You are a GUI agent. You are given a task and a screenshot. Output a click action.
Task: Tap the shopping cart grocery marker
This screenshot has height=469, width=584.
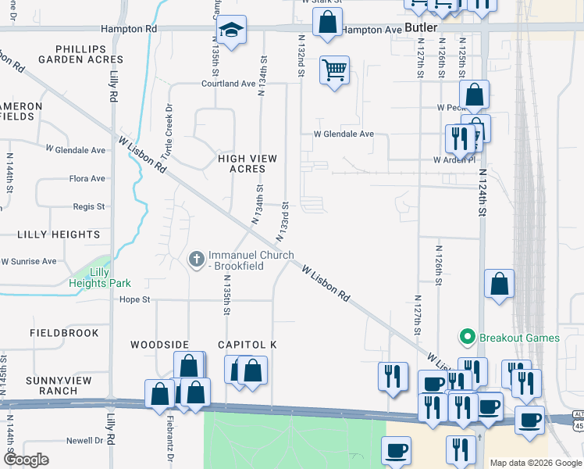pos(335,70)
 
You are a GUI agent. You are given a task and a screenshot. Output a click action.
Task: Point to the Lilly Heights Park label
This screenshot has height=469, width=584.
pos(99,277)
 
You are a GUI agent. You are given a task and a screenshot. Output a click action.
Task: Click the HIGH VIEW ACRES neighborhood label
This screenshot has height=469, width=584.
pos(247,163)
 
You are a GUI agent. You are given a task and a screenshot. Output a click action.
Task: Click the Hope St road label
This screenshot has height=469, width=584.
pos(134,299)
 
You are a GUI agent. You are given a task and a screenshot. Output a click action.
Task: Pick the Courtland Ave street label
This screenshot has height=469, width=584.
pos(228,84)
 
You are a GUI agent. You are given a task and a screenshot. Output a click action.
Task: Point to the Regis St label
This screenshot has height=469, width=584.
pos(88,206)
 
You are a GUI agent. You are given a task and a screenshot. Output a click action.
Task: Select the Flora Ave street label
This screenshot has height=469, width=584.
pos(87,179)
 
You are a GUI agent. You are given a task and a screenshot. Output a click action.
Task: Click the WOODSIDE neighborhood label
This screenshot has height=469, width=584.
pos(160,345)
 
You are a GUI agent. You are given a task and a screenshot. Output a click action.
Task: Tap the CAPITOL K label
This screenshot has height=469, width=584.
pos(247,345)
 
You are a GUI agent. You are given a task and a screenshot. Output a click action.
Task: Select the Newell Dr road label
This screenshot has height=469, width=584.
pos(85,441)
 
